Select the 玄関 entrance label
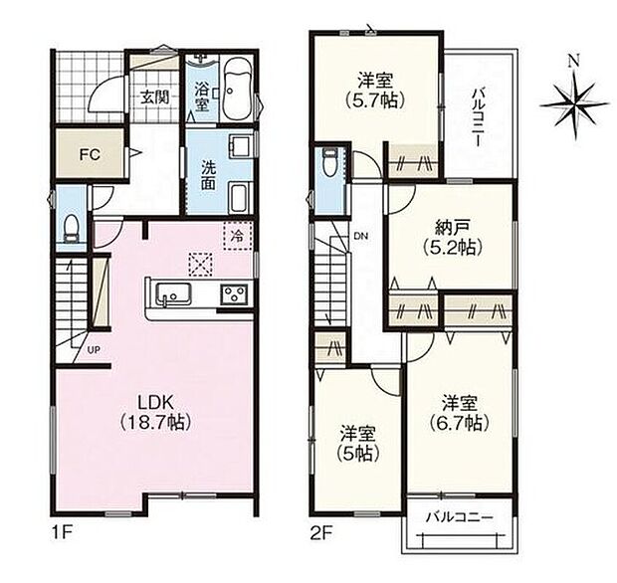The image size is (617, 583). pos(154,97)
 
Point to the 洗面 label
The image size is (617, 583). pos(208,175)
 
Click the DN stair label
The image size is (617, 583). pos(360,236)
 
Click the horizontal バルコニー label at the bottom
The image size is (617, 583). pos(459,518)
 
